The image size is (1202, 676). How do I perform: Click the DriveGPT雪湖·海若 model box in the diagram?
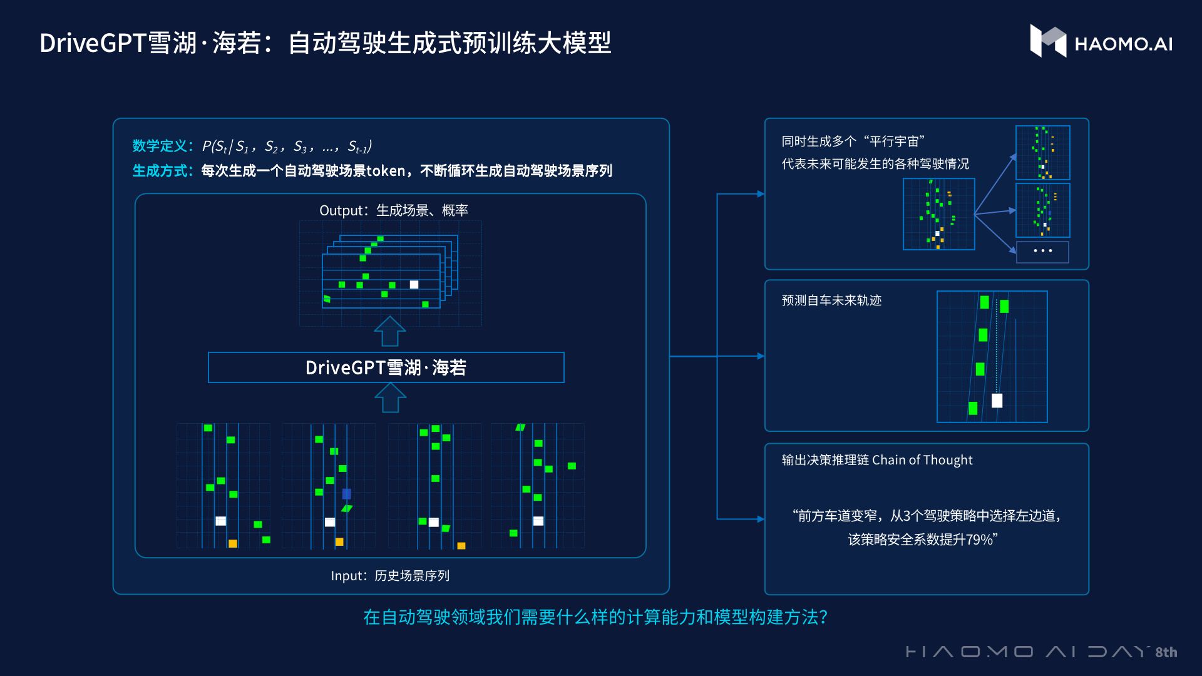pos(386,367)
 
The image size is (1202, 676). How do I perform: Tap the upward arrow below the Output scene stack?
pos(389,331)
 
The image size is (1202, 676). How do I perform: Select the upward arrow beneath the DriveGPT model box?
pos(389,398)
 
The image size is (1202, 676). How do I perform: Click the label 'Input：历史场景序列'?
pos(390,576)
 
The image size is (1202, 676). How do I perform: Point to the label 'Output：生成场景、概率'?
pos(393,210)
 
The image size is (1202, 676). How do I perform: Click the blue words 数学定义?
pos(160,146)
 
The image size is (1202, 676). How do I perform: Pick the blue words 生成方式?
pos(160,171)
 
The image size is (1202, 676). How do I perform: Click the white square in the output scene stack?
pos(414,285)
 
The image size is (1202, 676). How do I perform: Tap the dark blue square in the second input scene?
pos(346,494)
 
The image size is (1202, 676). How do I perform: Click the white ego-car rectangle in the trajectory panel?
pos(997,401)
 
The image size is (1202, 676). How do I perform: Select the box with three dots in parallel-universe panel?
pos(1042,251)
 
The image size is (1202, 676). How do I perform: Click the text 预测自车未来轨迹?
pos(831,300)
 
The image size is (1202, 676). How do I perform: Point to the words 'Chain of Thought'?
pos(922,460)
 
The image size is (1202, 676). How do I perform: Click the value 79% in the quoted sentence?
pos(979,540)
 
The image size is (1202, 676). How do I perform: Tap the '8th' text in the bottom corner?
pos(1166,652)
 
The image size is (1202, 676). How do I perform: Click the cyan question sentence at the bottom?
pos(595,617)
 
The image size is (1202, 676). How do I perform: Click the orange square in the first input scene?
pos(233,543)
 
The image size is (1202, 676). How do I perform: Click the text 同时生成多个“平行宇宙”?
pos(853,141)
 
